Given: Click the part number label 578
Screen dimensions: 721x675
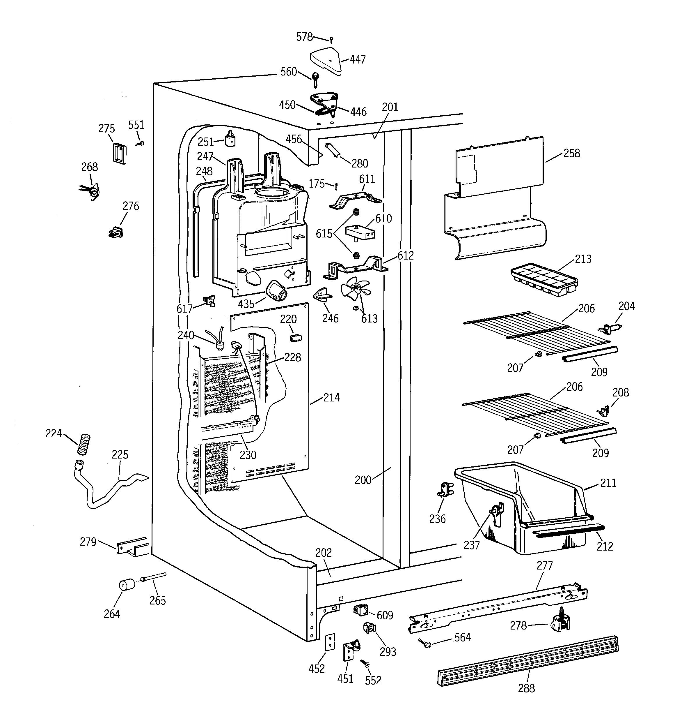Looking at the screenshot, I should coord(304,37).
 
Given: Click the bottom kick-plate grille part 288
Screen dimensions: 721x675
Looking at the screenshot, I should coord(527,661).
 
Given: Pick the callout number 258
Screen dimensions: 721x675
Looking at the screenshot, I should coord(571,154).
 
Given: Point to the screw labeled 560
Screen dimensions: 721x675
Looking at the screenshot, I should coord(315,80).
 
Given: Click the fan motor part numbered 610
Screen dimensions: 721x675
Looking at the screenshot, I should coord(360,232).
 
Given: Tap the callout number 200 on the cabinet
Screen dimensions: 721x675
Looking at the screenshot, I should coord(363,480).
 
